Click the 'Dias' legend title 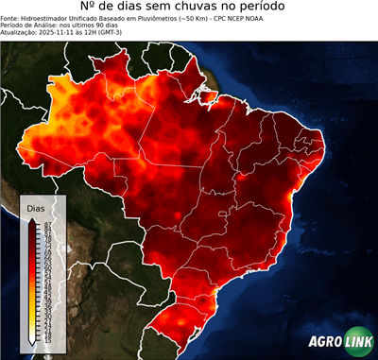(x=35, y=207)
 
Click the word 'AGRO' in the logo (x=325, y=342)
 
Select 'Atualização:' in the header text (x=20, y=36)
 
